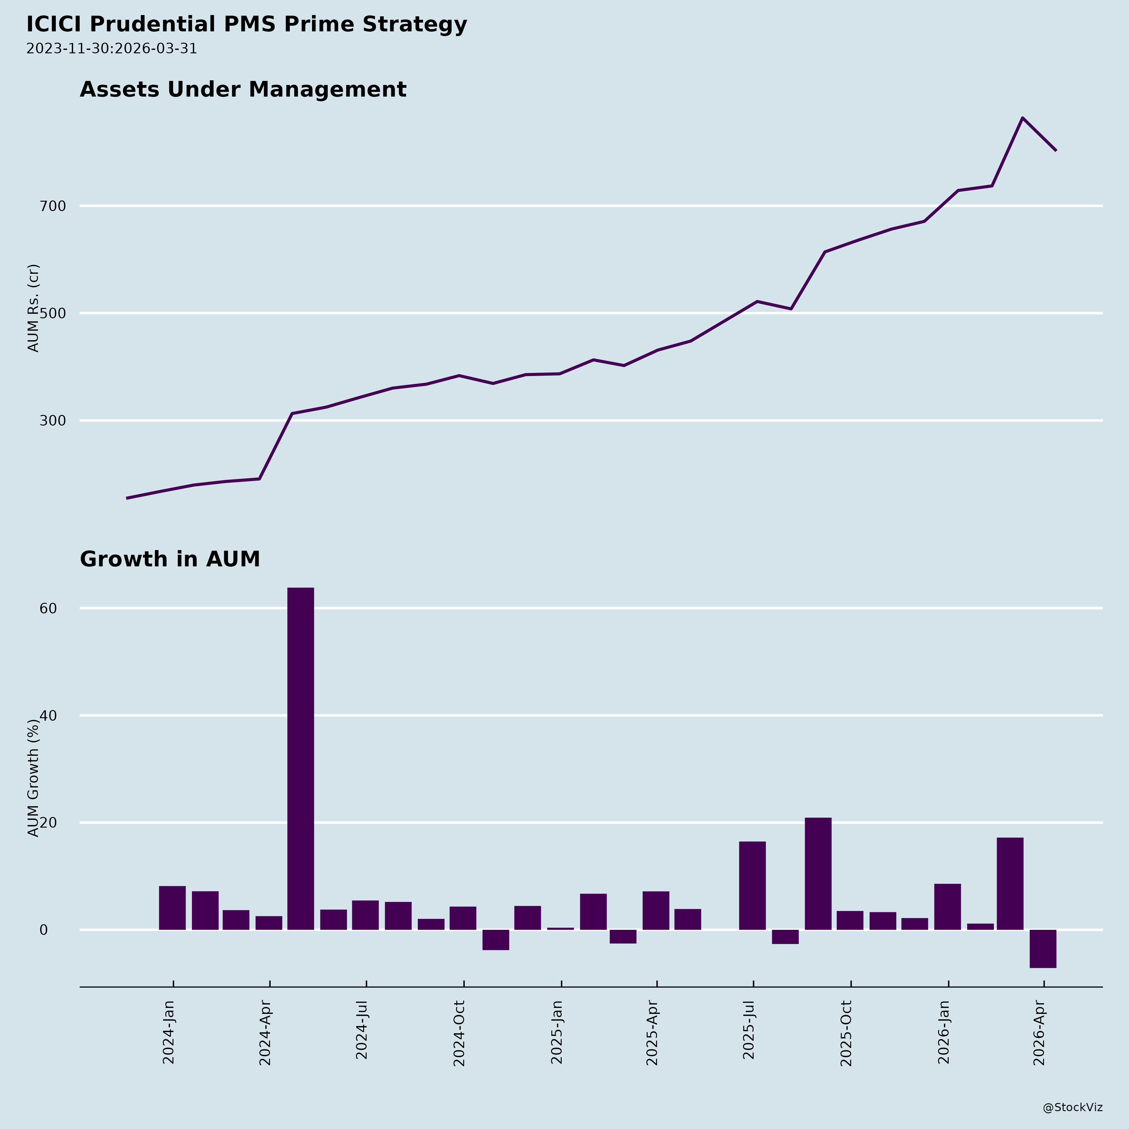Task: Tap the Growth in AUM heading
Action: (x=169, y=559)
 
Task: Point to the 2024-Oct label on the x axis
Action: (x=459, y=1033)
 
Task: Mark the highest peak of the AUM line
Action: (x=1022, y=118)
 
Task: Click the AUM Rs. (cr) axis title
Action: (x=34, y=308)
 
